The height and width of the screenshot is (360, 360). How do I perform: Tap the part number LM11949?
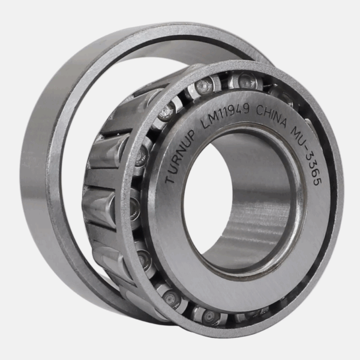coord(224,115)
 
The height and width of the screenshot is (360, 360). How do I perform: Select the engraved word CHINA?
coord(272,118)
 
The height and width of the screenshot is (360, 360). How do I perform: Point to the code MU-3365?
coord(307,155)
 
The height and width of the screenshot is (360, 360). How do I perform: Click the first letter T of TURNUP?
coord(170,179)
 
